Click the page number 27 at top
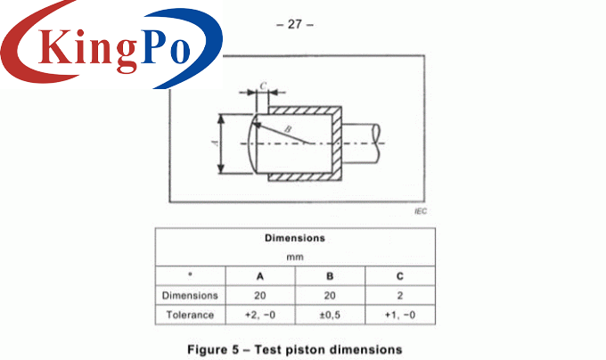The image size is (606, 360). coord(295,25)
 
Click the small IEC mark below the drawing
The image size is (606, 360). coord(421,213)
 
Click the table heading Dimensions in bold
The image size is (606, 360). coord(295,239)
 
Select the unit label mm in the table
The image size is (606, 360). coord(295,257)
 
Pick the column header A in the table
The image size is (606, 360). coord(260,276)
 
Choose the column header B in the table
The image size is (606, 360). coord(331,276)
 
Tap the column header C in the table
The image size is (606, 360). coord(400,276)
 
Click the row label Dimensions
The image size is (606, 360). coord(190,295)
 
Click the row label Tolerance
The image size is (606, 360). coord(190,315)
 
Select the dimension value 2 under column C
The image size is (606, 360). coord(400,295)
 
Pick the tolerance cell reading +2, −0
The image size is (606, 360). coord(260,315)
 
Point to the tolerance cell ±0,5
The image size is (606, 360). coord(331,315)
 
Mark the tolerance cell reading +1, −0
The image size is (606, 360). coord(400,315)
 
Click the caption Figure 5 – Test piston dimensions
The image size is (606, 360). coord(295,348)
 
